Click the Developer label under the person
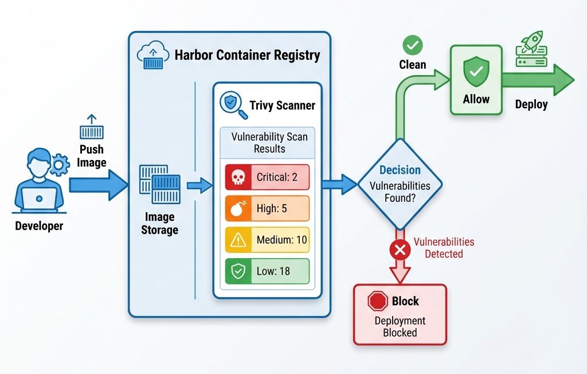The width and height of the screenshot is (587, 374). (x=39, y=225)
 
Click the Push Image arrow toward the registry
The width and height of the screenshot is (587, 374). (x=97, y=184)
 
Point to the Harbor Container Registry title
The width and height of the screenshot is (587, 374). (x=247, y=56)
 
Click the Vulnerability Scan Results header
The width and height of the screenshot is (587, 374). (x=269, y=142)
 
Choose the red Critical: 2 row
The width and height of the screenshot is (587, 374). (x=268, y=177)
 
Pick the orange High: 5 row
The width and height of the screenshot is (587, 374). (x=268, y=209)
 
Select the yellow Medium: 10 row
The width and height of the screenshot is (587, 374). (x=268, y=240)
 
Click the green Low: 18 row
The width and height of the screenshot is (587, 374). (x=268, y=271)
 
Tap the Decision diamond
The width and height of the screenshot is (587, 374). (x=400, y=184)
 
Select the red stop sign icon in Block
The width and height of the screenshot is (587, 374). (x=377, y=301)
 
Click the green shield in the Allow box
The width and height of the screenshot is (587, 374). (x=476, y=72)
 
